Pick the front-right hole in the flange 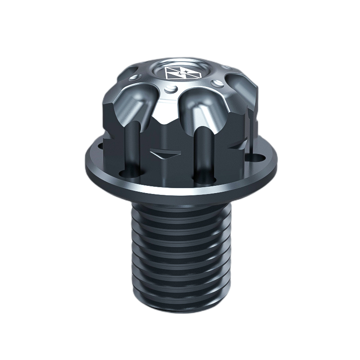(x=199, y=179)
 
